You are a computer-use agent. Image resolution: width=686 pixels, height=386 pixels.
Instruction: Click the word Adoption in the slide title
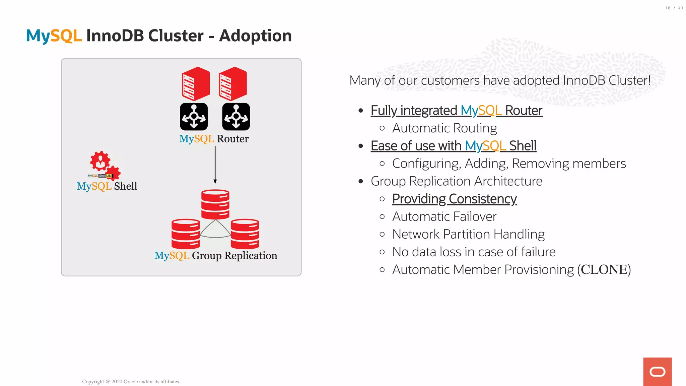pos(255,36)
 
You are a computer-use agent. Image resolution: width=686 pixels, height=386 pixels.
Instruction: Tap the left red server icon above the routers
pos(196,84)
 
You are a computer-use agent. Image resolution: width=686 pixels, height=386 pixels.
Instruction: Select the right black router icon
pos(236,117)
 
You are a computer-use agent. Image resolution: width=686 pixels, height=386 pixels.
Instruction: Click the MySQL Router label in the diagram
pos(214,139)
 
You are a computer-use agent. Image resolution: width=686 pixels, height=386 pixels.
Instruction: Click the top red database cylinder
pos(215,204)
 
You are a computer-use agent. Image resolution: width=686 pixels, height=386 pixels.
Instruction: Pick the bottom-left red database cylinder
pos(186,234)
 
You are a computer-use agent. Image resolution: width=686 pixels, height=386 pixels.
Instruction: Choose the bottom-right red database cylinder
pos(245,234)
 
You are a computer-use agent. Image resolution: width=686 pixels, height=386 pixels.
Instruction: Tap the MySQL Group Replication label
pos(215,256)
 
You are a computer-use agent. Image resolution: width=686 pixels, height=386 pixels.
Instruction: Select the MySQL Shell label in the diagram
pos(107,186)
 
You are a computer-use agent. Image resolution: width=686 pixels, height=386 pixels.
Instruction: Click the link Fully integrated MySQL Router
pos(456,111)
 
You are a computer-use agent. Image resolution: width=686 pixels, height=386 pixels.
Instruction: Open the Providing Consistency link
pos(454,199)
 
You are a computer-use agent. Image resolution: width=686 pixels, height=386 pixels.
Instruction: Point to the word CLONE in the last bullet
pos(604,270)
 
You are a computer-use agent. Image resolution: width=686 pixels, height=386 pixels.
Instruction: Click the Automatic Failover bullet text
pos(444,217)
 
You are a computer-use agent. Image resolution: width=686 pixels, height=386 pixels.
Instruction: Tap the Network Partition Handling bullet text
pos(468,234)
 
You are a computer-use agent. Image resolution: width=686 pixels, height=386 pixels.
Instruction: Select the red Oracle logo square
pos(657,372)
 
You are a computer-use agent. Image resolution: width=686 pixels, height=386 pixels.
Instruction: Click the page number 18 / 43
pos(674,8)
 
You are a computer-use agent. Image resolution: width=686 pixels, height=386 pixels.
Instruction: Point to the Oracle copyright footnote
pos(131,382)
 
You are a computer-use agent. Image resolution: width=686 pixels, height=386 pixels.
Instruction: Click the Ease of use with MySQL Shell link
pos(453,146)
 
